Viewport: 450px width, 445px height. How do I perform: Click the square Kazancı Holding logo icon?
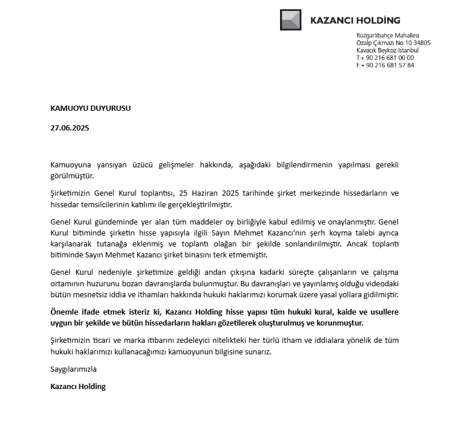pos(290,20)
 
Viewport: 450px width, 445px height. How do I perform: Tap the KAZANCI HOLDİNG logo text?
pos(354,20)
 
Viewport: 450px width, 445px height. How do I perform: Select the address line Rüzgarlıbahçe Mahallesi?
pos(388,36)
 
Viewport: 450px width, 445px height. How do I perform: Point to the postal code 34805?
pos(421,43)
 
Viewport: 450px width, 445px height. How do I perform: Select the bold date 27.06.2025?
pos(70,128)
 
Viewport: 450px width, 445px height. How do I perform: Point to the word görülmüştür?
pos(72,175)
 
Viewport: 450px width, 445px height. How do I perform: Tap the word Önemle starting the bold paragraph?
pos(66,312)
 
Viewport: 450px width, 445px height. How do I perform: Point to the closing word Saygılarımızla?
pos(74,369)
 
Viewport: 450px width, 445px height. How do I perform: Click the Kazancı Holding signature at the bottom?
pos(78,387)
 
